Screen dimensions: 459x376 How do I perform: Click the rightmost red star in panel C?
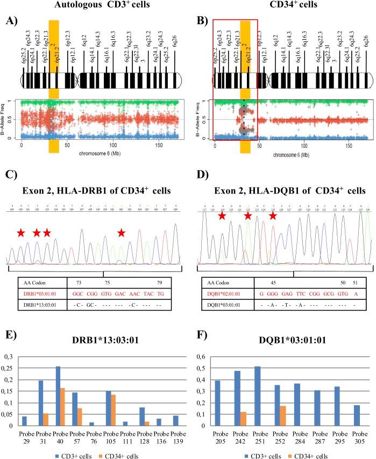pyautogui.click(x=122, y=233)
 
